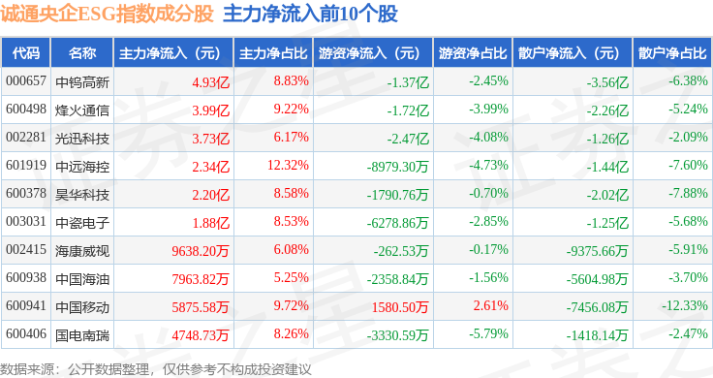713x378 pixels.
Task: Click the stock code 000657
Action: tap(26, 81)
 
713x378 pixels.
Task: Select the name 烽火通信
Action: tap(82, 110)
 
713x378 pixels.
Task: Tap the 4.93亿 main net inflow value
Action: tap(210, 82)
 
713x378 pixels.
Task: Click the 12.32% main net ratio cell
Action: tap(288, 165)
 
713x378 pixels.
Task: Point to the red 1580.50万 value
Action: tap(400, 307)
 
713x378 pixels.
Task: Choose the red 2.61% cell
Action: tap(490, 305)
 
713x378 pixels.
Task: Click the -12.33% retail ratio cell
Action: tap(685, 305)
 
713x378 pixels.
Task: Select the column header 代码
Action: tap(26, 53)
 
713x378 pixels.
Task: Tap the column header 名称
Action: tap(82, 53)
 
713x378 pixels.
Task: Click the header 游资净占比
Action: tap(473, 53)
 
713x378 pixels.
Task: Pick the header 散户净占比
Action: tap(672, 53)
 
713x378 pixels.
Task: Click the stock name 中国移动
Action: tap(82, 307)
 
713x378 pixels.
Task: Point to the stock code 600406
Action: tap(26, 333)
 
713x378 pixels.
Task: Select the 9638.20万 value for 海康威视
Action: tap(201, 251)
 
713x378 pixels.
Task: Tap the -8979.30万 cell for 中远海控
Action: tap(398, 167)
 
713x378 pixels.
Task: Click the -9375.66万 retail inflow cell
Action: tap(597, 251)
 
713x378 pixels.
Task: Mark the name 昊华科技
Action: tap(82, 195)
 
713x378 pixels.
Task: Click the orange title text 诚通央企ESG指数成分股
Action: tap(107, 14)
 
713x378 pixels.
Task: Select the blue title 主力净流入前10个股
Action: tap(311, 14)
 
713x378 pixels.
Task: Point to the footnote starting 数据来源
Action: tap(156, 369)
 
